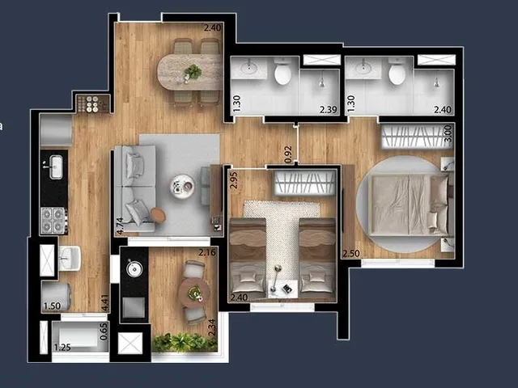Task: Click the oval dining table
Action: point(189,72)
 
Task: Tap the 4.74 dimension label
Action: point(120,226)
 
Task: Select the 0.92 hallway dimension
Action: point(288,154)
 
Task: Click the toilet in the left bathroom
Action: point(282,71)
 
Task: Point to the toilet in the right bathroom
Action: point(397,71)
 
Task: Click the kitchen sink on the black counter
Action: point(56,167)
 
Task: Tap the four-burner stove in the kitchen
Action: point(53,221)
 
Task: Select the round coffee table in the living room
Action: point(182,186)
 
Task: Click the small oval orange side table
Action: point(159,215)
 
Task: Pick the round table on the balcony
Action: point(194,293)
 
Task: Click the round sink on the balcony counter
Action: point(134,269)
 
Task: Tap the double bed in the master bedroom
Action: point(409,205)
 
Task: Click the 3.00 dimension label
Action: point(448,133)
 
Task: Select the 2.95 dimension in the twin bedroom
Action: point(234,180)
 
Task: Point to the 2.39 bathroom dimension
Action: point(329,110)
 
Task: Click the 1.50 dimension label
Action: point(52,306)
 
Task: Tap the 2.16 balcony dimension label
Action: point(207,252)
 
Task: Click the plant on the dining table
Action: point(193,72)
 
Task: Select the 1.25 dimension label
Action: point(62,348)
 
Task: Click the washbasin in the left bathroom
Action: point(248,68)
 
